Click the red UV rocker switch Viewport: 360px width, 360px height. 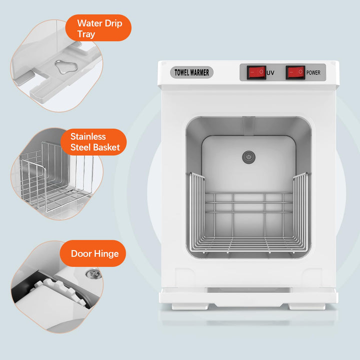point(256,72)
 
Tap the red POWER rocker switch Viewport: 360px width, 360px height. point(295,72)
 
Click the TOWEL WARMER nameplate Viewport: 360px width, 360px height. point(193,72)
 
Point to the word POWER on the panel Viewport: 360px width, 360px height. point(314,73)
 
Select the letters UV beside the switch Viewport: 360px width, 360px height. point(270,73)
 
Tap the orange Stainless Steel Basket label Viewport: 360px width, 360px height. point(95,141)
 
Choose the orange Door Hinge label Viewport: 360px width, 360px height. point(94,253)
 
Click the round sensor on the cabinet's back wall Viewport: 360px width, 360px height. point(246,157)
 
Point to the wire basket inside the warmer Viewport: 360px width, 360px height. point(248,220)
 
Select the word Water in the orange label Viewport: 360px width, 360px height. point(89,23)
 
